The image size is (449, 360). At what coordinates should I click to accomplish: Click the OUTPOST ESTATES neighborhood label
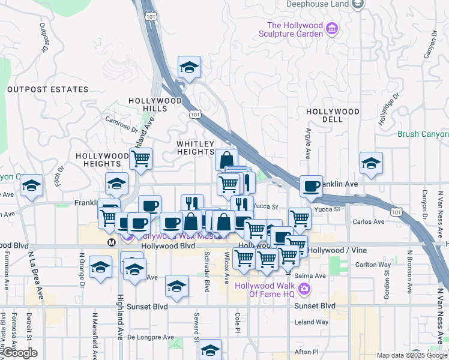(48, 89)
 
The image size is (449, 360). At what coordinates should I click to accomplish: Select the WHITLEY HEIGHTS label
(195, 148)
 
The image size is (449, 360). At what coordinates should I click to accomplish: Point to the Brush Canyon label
(423, 134)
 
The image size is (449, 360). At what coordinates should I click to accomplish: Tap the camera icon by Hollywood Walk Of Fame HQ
(304, 289)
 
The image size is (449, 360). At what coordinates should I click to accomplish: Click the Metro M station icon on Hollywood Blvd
(111, 242)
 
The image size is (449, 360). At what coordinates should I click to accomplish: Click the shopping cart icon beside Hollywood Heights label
(140, 158)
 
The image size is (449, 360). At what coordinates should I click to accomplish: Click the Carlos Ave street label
(369, 222)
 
